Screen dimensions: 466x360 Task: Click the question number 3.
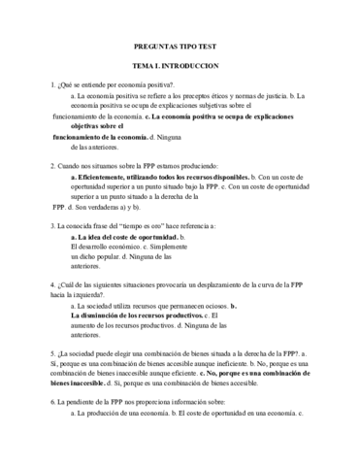click(x=52, y=225)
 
